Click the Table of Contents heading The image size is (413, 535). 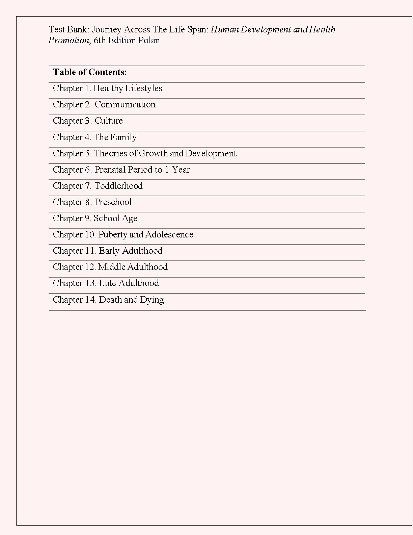pyautogui.click(x=90, y=72)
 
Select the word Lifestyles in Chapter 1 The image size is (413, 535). pyautogui.click(x=143, y=88)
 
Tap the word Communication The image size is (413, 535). pyautogui.click(x=125, y=105)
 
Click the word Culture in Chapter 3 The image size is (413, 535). pyautogui.click(x=109, y=121)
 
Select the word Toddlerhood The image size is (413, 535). pyautogui.click(x=118, y=186)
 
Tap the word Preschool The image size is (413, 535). pyautogui.click(x=113, y=202)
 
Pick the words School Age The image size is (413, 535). pyautogui.click(x=115, y=219)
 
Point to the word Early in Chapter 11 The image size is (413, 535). pyautogui.click(x=109, y=251)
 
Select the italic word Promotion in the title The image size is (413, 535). pyautogui.click(x=68, y=41)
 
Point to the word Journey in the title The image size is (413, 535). pyautogui.click(x=106, y=30)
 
